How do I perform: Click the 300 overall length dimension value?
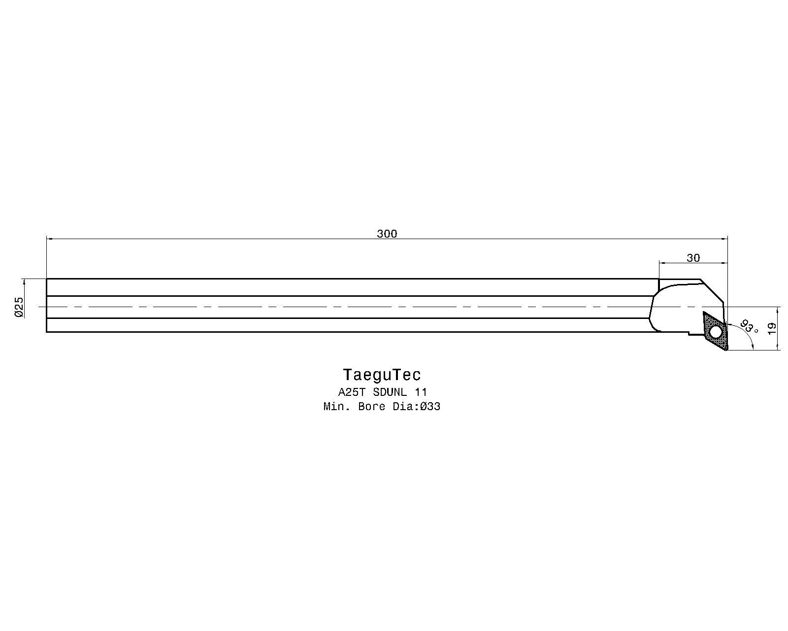click(x=387, y=234)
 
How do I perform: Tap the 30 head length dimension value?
click(x=693, y=258)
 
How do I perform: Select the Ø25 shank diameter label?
click(x=19, y=307)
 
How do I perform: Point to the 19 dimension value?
click(x=771, y=328)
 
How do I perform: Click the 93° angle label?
click(x=749, y=327)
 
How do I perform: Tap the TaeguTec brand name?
click(x=382, y=375)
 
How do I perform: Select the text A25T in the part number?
click(x=352, y=392)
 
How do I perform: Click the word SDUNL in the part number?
click(x=390, y=392)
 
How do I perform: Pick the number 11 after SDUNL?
click(x=421, y=392)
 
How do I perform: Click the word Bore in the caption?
click(x=371, y=407)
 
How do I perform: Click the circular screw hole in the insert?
click(x=716, y=333)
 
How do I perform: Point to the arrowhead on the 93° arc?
click(x=752, y=346)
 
